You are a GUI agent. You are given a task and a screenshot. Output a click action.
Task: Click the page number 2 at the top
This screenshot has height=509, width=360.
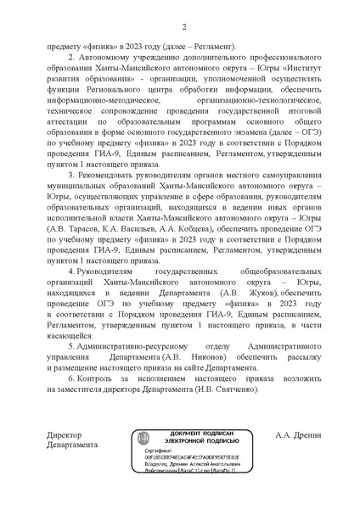(x=183, y=27)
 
